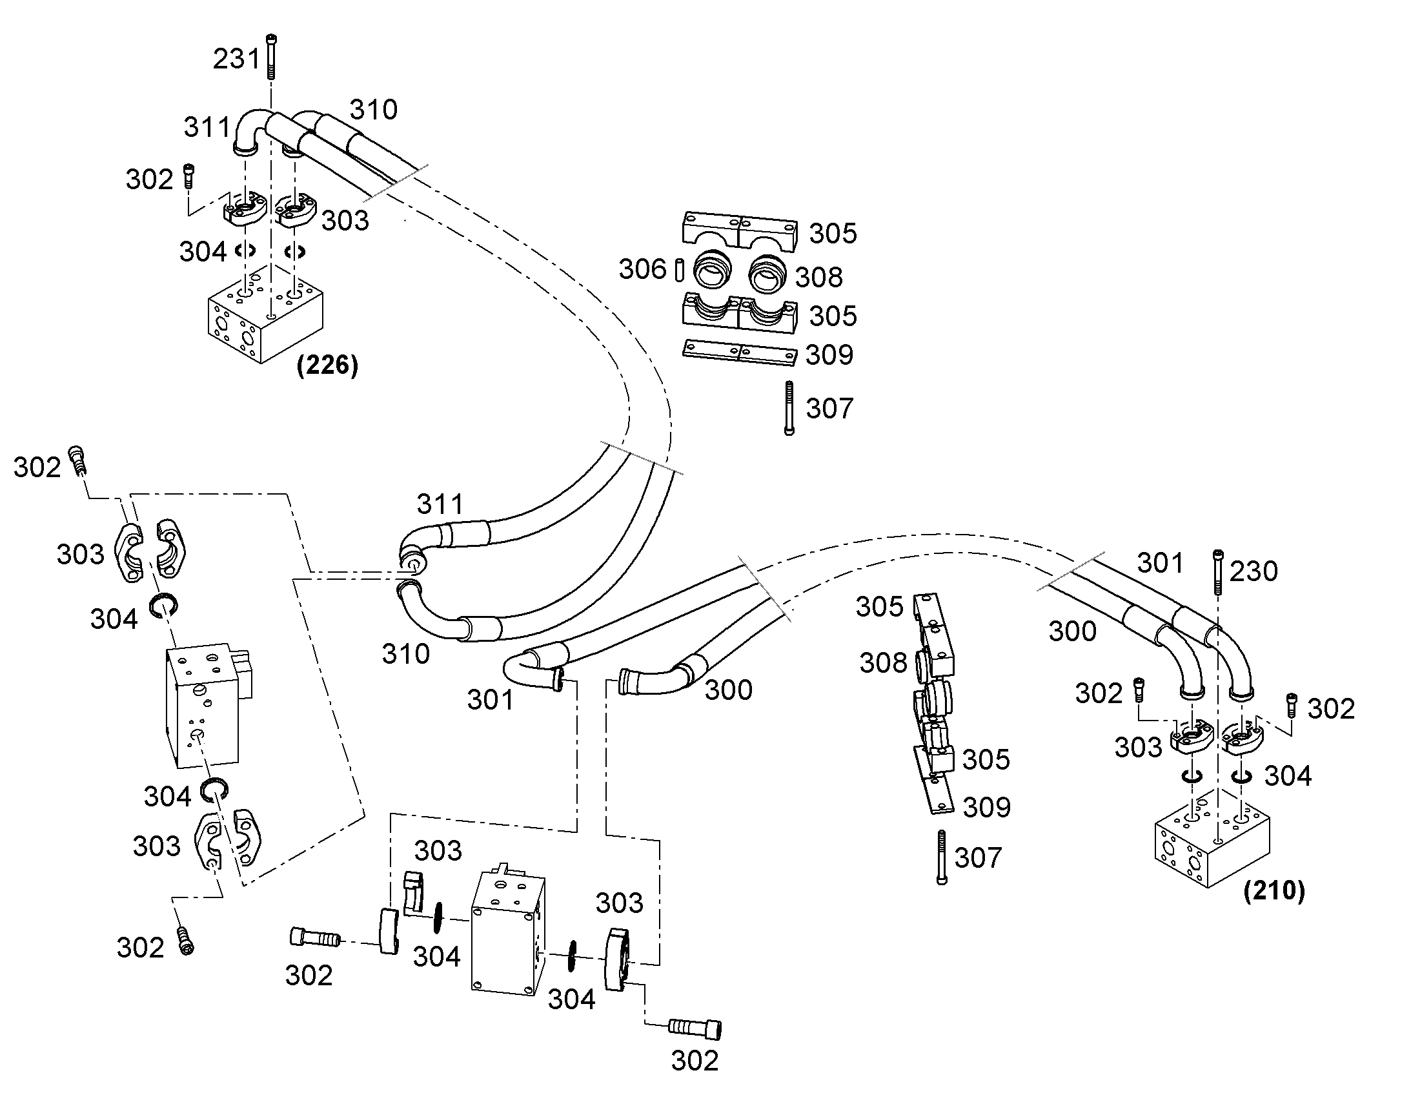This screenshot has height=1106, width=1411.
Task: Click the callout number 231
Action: point(236,59)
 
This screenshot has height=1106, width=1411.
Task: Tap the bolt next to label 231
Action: point(270,56)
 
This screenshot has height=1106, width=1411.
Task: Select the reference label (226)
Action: point(327,365)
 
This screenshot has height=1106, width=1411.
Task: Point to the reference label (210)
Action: point(1274,891)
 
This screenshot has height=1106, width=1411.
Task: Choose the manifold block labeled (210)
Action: point(1212,838)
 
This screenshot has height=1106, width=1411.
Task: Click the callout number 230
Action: point(1254,571)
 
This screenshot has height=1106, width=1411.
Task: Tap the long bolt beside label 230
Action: point(1219,572)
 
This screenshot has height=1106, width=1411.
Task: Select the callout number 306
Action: point(642,269)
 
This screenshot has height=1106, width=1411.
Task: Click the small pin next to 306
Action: point(678,270)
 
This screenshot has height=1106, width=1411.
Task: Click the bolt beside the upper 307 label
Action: point(789,408)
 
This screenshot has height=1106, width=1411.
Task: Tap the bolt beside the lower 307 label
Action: point(942,857)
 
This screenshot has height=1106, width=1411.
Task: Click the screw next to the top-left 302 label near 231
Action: point(189,175)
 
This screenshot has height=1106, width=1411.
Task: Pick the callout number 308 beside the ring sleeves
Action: point(818,278)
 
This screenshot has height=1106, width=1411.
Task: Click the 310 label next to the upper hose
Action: point(374,110)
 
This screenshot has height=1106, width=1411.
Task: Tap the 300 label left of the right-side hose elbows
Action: point(1073,631)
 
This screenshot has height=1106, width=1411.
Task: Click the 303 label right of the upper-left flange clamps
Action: point(345,221)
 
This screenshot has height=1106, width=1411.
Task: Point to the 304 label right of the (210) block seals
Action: point(1288,776)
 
